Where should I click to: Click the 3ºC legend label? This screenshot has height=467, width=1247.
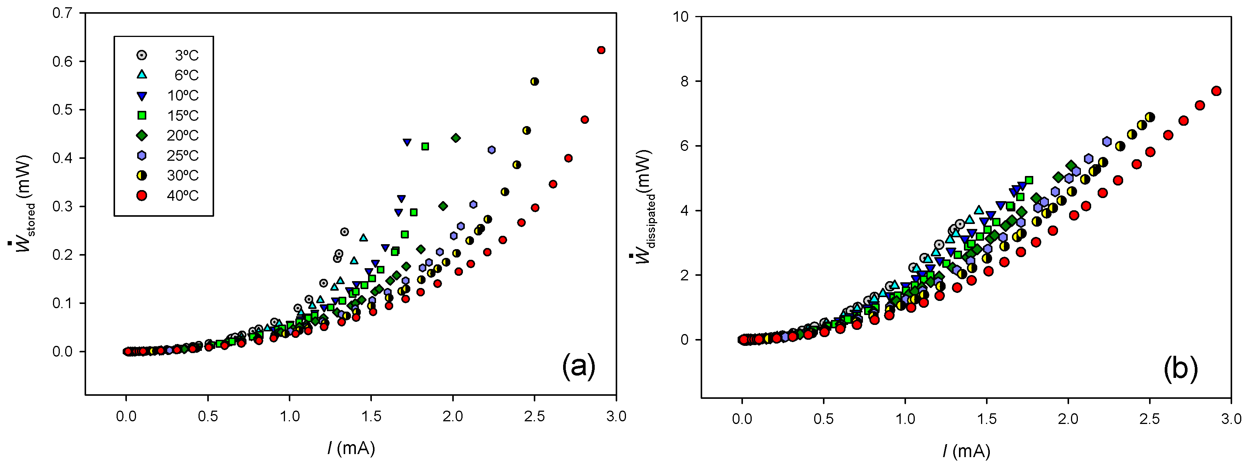pos(186,55)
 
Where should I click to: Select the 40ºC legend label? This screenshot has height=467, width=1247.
pos(182,195)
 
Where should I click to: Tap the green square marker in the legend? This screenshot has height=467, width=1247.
pos(142,115)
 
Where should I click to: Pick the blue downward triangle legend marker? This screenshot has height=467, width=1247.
pos(142,96)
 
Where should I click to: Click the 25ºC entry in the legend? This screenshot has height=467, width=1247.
pos(182,155)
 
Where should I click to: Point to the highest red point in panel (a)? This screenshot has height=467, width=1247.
pos(601,50)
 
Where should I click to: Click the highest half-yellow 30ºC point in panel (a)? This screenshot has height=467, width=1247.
pos(535,81)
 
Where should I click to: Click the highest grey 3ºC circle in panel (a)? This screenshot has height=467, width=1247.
pos(344,232)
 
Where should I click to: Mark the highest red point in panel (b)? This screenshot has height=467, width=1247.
pos(1215,91)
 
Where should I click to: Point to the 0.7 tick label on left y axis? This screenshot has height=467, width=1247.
pos(62,13)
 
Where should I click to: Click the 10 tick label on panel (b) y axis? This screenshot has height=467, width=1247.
pos(680,16)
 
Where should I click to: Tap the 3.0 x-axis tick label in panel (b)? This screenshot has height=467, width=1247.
pos(1231,419)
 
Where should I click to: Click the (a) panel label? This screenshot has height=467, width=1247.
pos(578,366)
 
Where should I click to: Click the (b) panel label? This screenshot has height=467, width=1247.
pos(1180,369)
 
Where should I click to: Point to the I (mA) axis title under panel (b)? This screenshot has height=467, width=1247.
pos(966,451)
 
